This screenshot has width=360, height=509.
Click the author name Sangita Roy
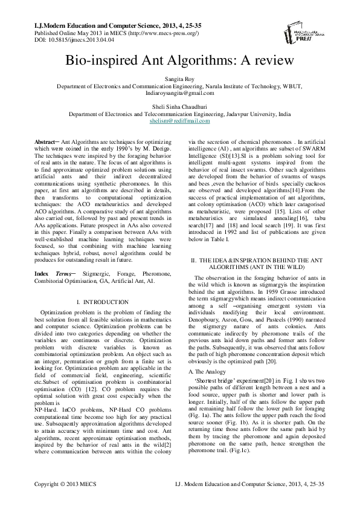pos(179,79)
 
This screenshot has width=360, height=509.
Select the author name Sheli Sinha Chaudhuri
pos(179,106)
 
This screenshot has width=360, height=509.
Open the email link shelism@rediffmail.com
pos(179,121)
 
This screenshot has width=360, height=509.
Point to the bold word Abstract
pos(45,141)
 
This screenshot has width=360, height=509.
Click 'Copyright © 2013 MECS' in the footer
pos(65,501)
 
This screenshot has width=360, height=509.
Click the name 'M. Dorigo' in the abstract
pos(158,148)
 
